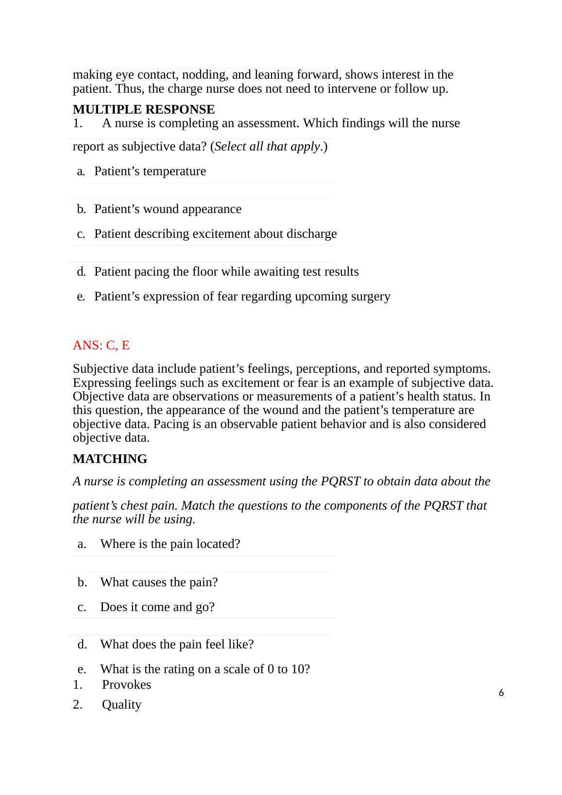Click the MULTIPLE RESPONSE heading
(144, 109)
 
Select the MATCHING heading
(110, 459)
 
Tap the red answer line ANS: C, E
(101, 345)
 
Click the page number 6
(501, 693)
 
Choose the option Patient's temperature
(150, 171)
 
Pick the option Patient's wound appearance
(168, 209)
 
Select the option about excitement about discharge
(215, 234)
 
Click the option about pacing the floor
(226, 272)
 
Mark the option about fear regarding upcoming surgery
(242, 297)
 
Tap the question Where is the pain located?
(170, 544)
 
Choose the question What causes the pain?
(159, 582)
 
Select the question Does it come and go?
(157, 607)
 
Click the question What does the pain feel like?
(177, 645)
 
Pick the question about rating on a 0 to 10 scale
(204, 669)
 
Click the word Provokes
(126, 685)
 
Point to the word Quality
(121, 705)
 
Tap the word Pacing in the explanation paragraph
(170, 424)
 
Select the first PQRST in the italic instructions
(341, 481)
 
